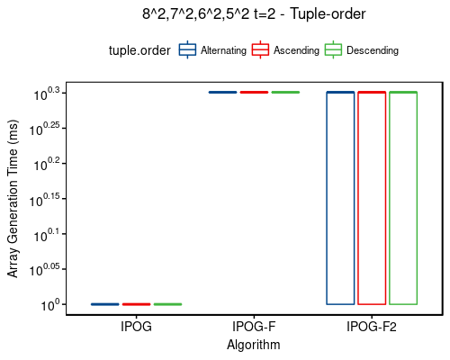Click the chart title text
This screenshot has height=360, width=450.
[254, 13]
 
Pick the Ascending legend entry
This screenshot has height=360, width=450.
[286, 50]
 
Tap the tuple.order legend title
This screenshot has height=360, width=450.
[139, 50]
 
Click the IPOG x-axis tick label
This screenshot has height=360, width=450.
[136, 327]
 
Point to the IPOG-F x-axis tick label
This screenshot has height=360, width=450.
[254, 327]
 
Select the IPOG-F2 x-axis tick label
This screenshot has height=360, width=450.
[372, 327]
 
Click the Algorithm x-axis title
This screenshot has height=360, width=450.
[254, 345]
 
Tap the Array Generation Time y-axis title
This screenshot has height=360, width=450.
[13, 198]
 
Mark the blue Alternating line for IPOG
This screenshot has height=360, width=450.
[105, 304]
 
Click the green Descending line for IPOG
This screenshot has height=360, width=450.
[167, 304]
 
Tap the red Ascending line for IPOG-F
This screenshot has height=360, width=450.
[254, 92]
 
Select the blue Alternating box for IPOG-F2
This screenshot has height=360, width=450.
[340, 198]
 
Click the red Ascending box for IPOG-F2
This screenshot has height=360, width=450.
[372, 198]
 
